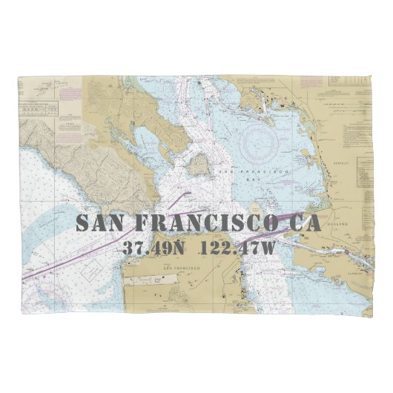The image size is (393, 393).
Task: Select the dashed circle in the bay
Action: [259, 136]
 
